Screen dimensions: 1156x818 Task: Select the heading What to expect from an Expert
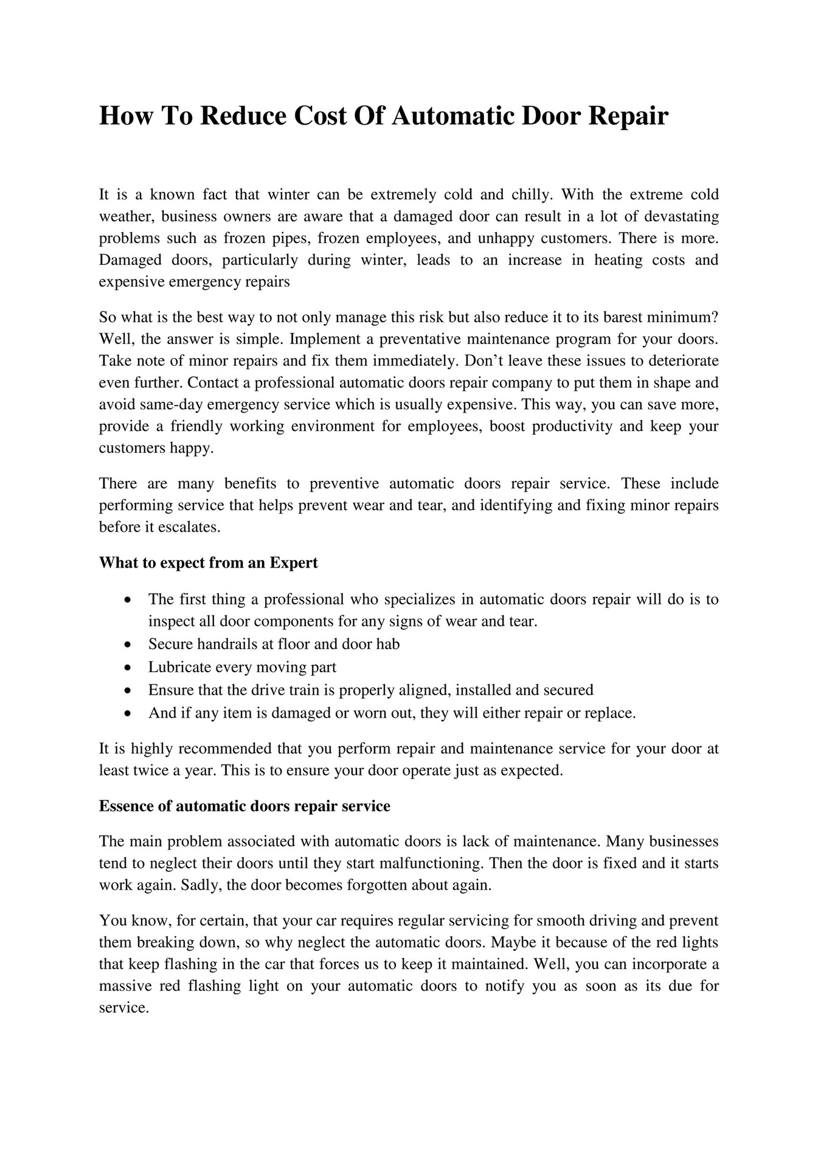pos(209,563)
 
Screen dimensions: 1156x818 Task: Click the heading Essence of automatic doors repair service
pos(244,806)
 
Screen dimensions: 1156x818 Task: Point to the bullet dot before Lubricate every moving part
pos(127,667)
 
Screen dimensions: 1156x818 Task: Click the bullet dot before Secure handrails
pos(127,644)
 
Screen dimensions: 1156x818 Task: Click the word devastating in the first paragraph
pos(681,216)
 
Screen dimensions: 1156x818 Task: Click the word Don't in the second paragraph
pos(484,360)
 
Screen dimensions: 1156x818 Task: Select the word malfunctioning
pos(431,863)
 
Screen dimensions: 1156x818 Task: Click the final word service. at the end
pos(123,1008)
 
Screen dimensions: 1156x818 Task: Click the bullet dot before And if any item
pos(127,714)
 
